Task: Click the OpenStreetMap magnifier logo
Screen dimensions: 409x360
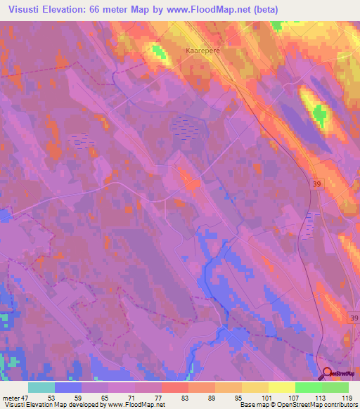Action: coord(327,373)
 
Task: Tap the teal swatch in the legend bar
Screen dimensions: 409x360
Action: coord(41,387)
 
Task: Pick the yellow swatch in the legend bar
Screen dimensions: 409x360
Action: coord(281,387)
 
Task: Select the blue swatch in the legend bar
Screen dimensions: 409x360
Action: coord(68,387)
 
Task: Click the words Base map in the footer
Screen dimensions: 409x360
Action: coord(251,405)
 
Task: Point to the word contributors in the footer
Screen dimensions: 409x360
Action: coord(336,405)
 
